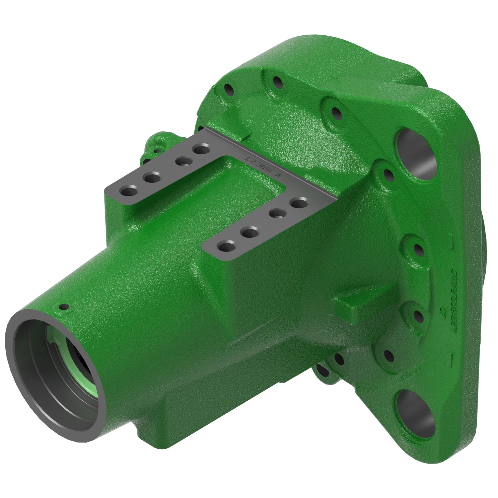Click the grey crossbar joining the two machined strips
coord(271,165)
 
